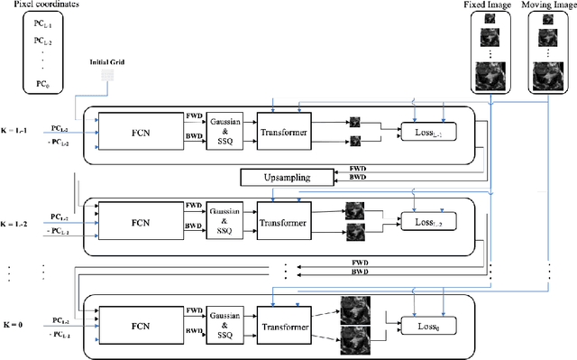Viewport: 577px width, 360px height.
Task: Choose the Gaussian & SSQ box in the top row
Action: point(226,129)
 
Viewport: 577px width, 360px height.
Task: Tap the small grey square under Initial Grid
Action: point(107,78)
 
